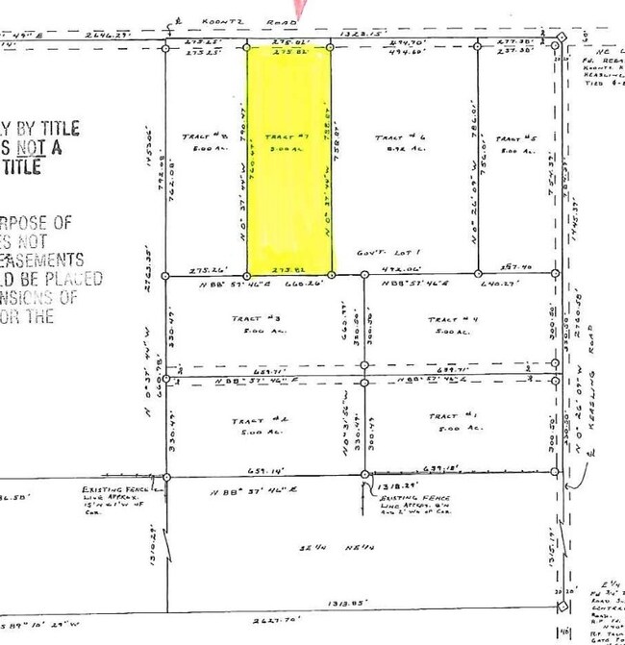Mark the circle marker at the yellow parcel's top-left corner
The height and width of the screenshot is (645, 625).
coord(247,46)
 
